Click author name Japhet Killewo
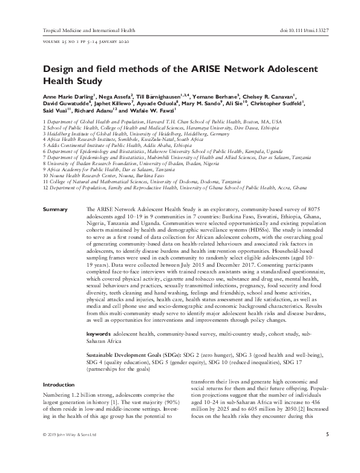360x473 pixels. coord(111,103)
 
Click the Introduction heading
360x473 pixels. coord(59,384)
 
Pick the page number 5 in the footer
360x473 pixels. coord(327,451)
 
